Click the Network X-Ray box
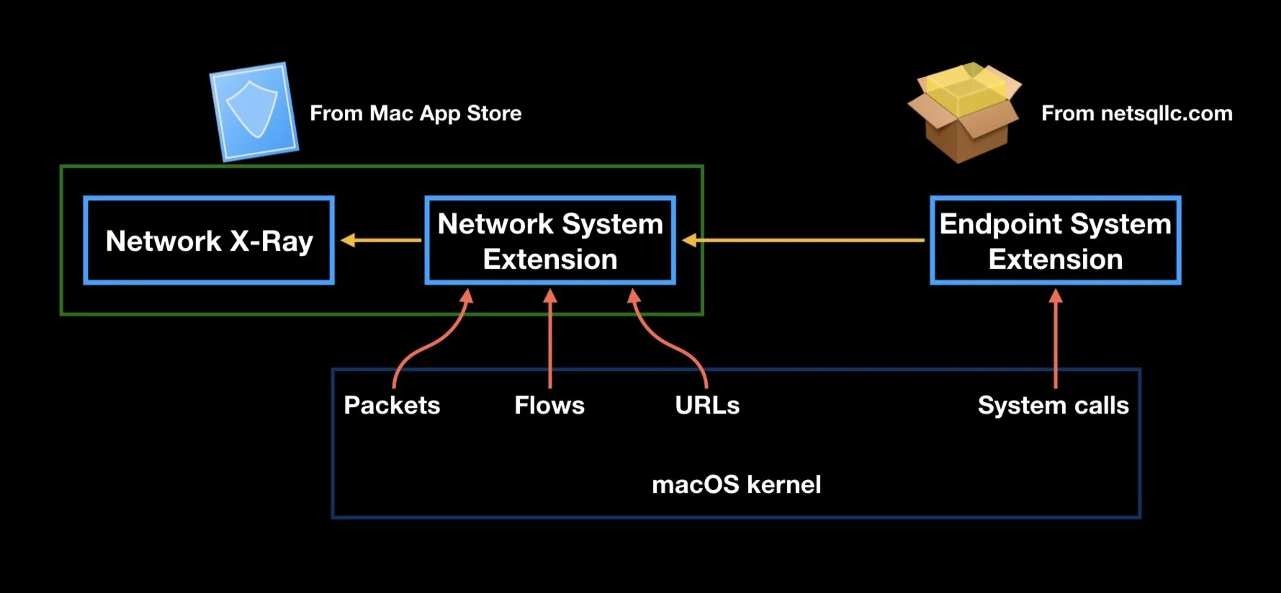click(209, 241)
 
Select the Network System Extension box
click(550, 241)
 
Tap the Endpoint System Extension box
click(1055, 241)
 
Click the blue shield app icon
click(253, 111)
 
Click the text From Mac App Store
click(415, 113)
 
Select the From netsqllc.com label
click(1136, 113)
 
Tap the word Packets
click(392, 405)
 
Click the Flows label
click(549, 405)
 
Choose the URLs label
click(707, 405)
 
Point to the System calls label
click(1053, 405)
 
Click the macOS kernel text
click(736, 484)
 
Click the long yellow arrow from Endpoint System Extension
click(803, 240)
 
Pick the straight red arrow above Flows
click(550, 339)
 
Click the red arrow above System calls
click(1056, 339)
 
